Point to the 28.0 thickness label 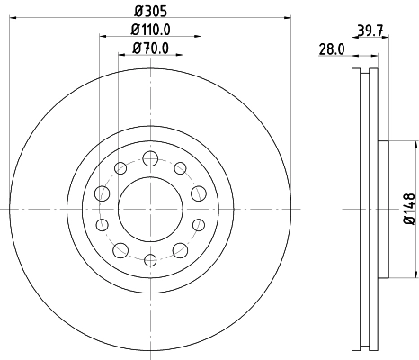coord(333,52)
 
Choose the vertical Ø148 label coord(407,209)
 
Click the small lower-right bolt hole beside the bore coord(198,225)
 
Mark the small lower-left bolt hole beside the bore coord(100,225)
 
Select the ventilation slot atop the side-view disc coord(366,81)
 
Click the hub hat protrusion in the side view coord(384,209)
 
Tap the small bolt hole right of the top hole coord(180,167)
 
